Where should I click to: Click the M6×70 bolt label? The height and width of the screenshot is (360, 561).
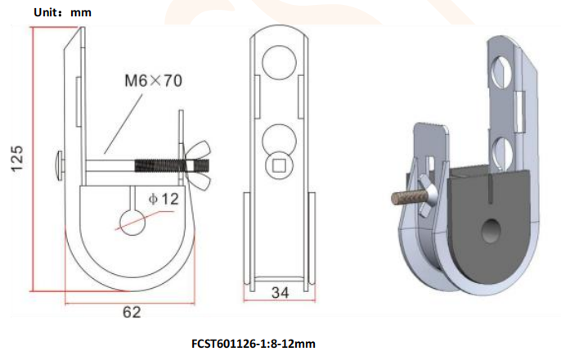click(x=152, y=81)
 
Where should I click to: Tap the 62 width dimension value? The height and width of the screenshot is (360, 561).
click(x=132, y=312)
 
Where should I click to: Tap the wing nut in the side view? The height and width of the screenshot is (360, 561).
click(x=200, y=158)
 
